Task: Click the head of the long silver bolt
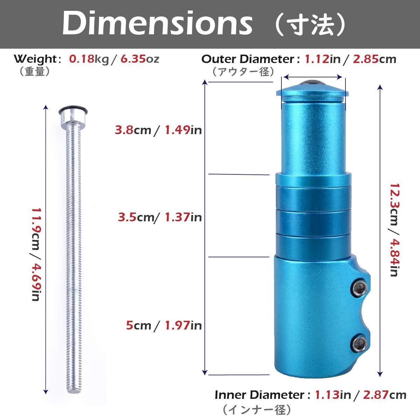tap(73, 113)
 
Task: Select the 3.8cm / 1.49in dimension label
tap(158, 130)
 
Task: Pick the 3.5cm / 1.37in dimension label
tap(160, 217)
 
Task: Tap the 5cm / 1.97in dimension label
tap(164, 325)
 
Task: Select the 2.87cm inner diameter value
tap(384, 395)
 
